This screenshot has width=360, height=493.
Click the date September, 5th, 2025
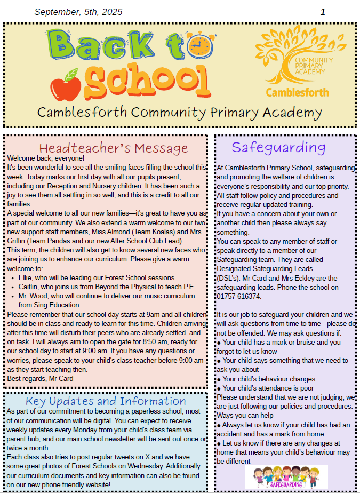pyautogui.click(x=78, y=12)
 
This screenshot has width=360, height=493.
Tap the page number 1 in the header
pyautogui.click(x=323, y=12)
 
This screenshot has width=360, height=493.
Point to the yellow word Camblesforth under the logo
pyautogui.click(x=297, y=92)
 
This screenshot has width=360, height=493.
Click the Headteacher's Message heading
pyautogui.click(x=114, y=148)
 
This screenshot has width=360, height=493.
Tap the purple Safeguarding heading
pyautogui.click(x=278, y=147)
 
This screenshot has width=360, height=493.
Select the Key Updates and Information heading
pyautogui.click(x=106, y=401)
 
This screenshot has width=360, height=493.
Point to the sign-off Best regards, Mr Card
pyautogui.click(x=40, y=378)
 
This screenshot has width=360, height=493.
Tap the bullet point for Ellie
pyautogui.click(x=13, y=278)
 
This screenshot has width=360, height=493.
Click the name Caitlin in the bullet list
pyautogui.click(x=30, y=287)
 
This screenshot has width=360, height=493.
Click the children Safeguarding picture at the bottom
pyautogui.click(x=286, y=477)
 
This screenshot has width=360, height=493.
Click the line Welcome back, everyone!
pyautogui.click(x=46, y=158)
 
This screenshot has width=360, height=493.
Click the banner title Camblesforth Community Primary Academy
pyautogui.click(x=180, y=113)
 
